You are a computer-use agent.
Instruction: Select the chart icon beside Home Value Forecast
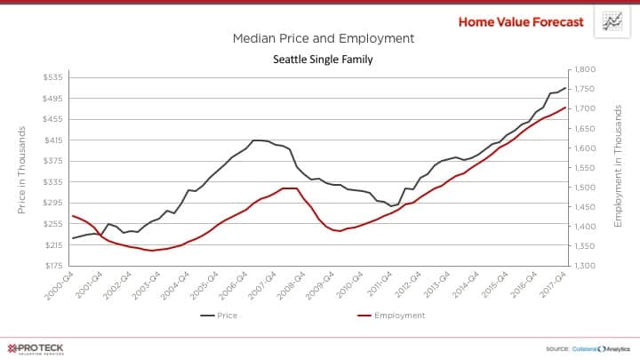[612, 21]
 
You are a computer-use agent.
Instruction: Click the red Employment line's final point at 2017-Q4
[566, 108]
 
